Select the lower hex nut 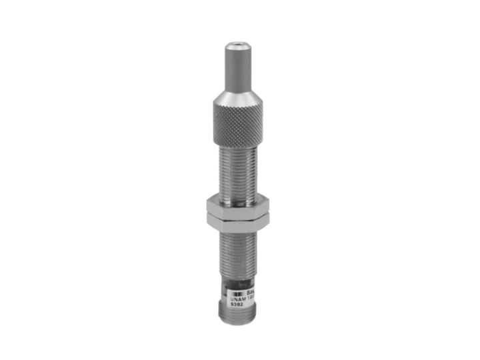237,218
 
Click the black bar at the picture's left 30,180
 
